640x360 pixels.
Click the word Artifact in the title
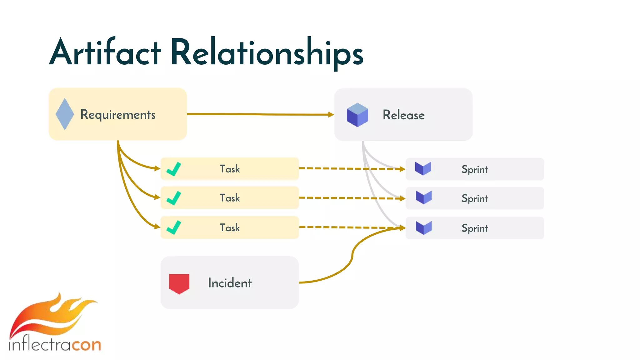coord(105,52)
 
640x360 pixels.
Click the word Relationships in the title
coord(267,52)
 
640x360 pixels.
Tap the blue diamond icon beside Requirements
coord(65,114)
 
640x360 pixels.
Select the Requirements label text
coord(118,115)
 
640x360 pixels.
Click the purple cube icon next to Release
coord(357,115)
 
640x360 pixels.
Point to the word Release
coord(403,115)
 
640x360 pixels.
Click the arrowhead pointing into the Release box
coord(331,115)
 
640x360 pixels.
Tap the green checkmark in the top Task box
coord(174,169)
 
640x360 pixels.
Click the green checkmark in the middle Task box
coord(174,198)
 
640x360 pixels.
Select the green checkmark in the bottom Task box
coord(174,227)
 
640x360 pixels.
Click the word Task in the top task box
coord(230,169)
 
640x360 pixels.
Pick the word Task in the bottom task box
coord(230,228)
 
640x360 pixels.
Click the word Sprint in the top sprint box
coord(474,170)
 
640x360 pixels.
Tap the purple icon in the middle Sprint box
coord(423,197)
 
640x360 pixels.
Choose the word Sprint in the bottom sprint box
coord(474,228)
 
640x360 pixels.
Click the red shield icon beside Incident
coord(179,283)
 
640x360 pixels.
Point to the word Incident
coord(230,283)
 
